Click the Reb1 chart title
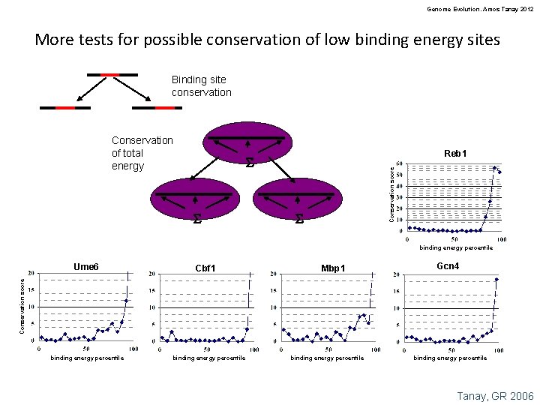(454, 154)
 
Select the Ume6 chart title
(86, 266)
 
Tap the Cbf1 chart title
(205, 268)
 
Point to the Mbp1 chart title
(333, 268)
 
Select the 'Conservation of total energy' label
(142, 153)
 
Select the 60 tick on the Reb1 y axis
(401, 164)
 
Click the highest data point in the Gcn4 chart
(496, 280)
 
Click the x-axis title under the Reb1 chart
(456, 247)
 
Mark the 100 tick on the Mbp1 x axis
(374, 349)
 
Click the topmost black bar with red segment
(112, 75)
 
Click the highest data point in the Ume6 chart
(126, 301)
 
